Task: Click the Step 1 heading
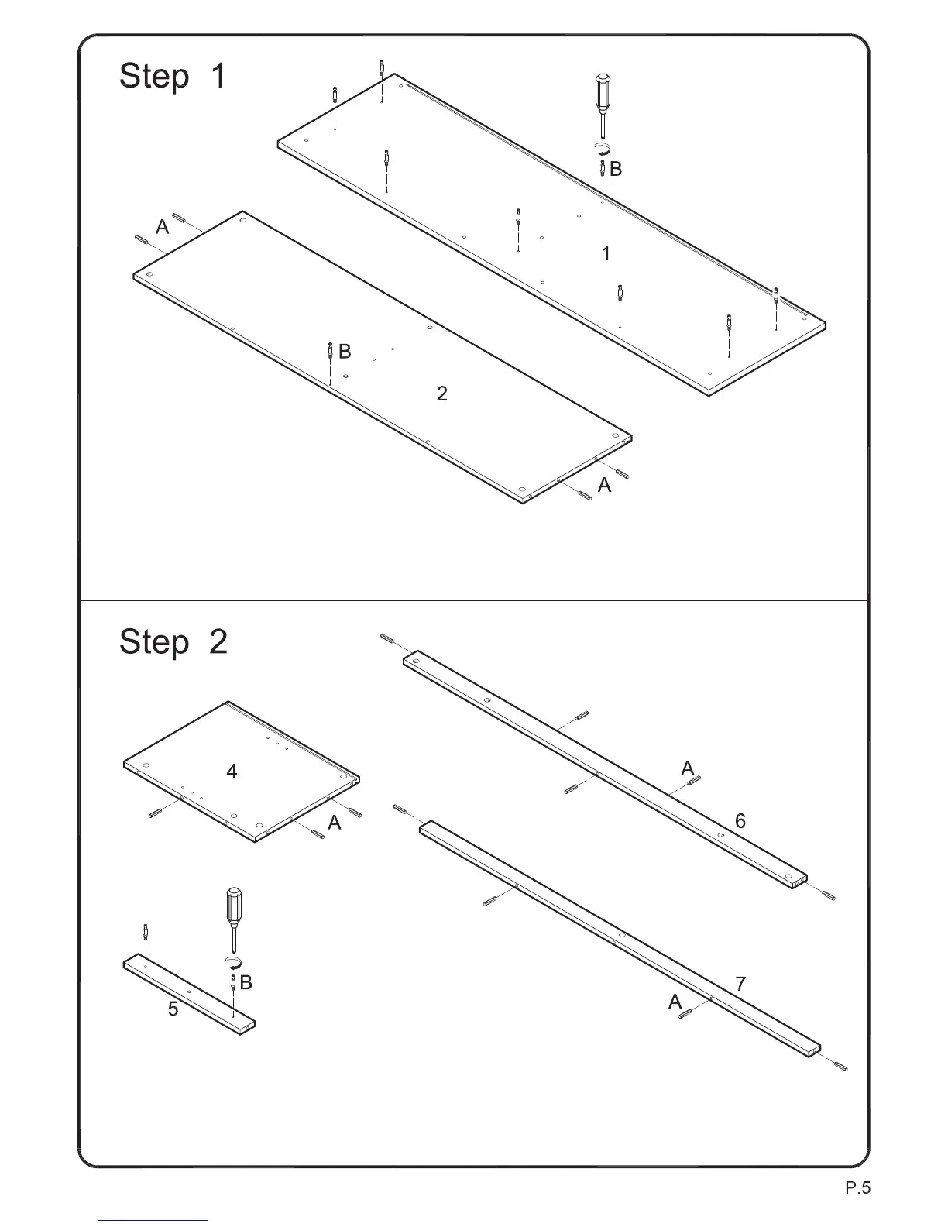click(173, 77)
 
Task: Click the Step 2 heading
click(173, 642)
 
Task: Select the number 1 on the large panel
click(606, 253)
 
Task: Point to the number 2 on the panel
click(441, 394)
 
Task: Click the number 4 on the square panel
click(232, 772)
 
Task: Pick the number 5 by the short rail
click(173, 1009)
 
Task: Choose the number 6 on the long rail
click(740, 821)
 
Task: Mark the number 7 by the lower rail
click(740, 985)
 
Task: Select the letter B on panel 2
click(345, 352)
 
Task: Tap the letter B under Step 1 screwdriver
click(616, 169)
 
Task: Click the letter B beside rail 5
click(246, 983)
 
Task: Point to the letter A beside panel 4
click(334, 823)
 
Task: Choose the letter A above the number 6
click(688, 768)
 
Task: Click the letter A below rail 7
click(675, 1002)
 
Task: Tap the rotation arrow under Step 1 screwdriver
click(602, 148)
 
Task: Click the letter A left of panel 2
click(162, 227)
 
